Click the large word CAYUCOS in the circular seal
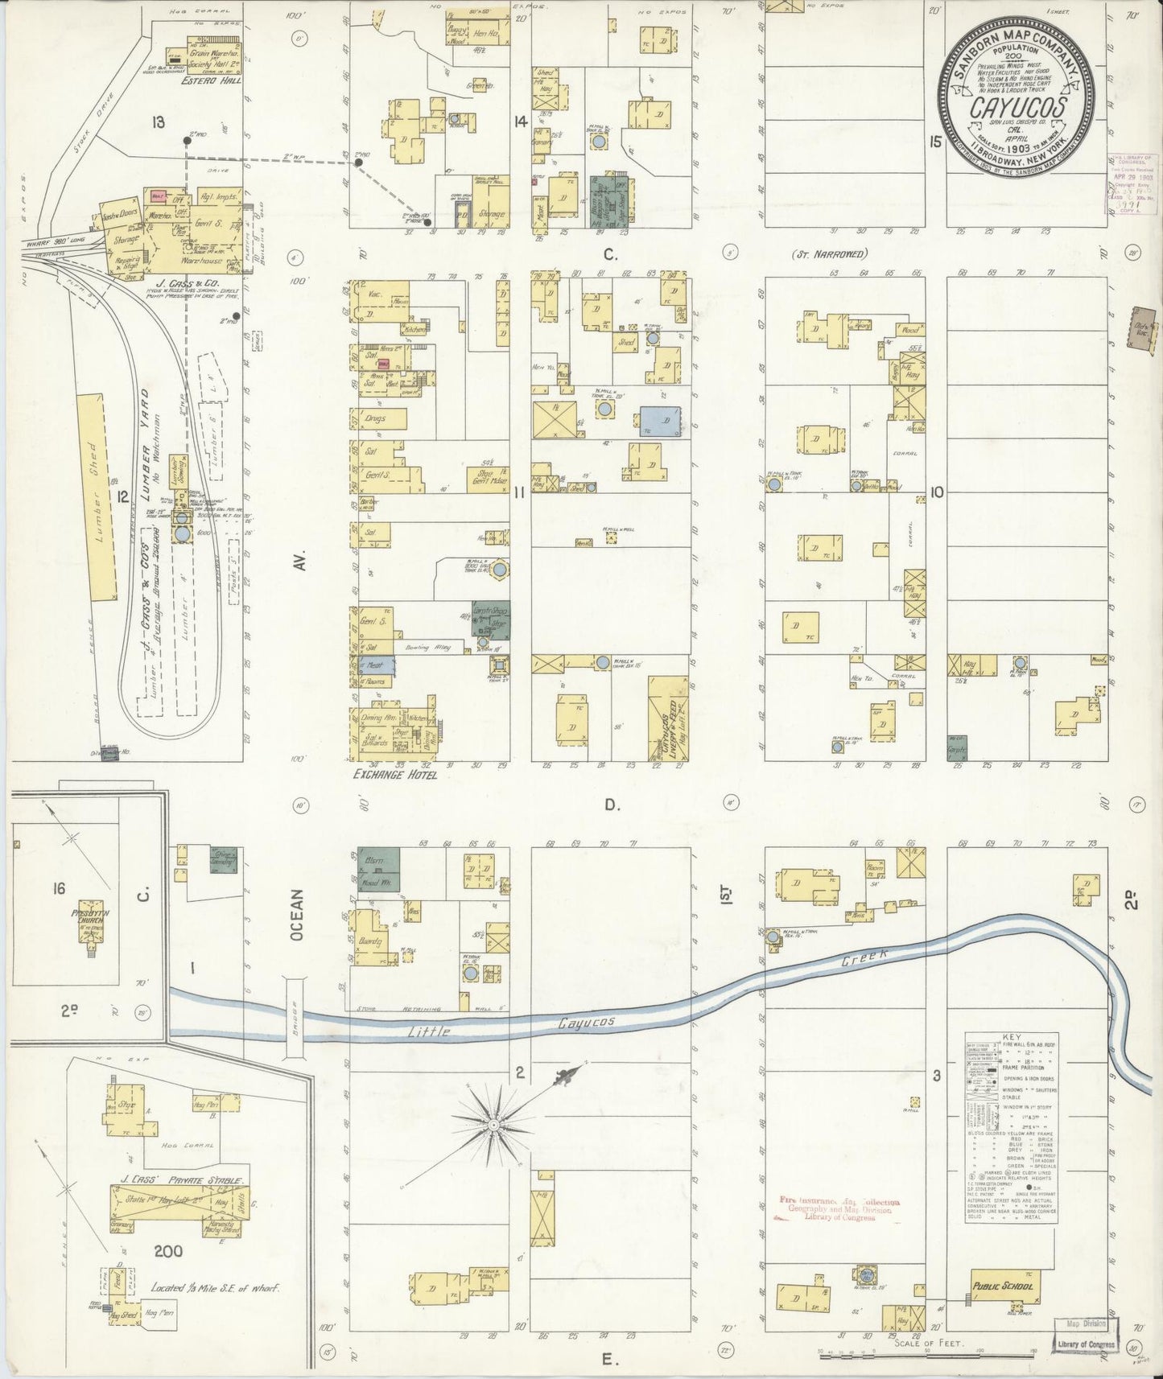tap(1018, 107)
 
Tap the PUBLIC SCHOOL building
tap(1001, 1286)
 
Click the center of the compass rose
tap(493, 1124)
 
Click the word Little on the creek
tap(427, 1031)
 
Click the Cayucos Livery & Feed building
tap(667, 719)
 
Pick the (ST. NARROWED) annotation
tap(830, 254)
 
